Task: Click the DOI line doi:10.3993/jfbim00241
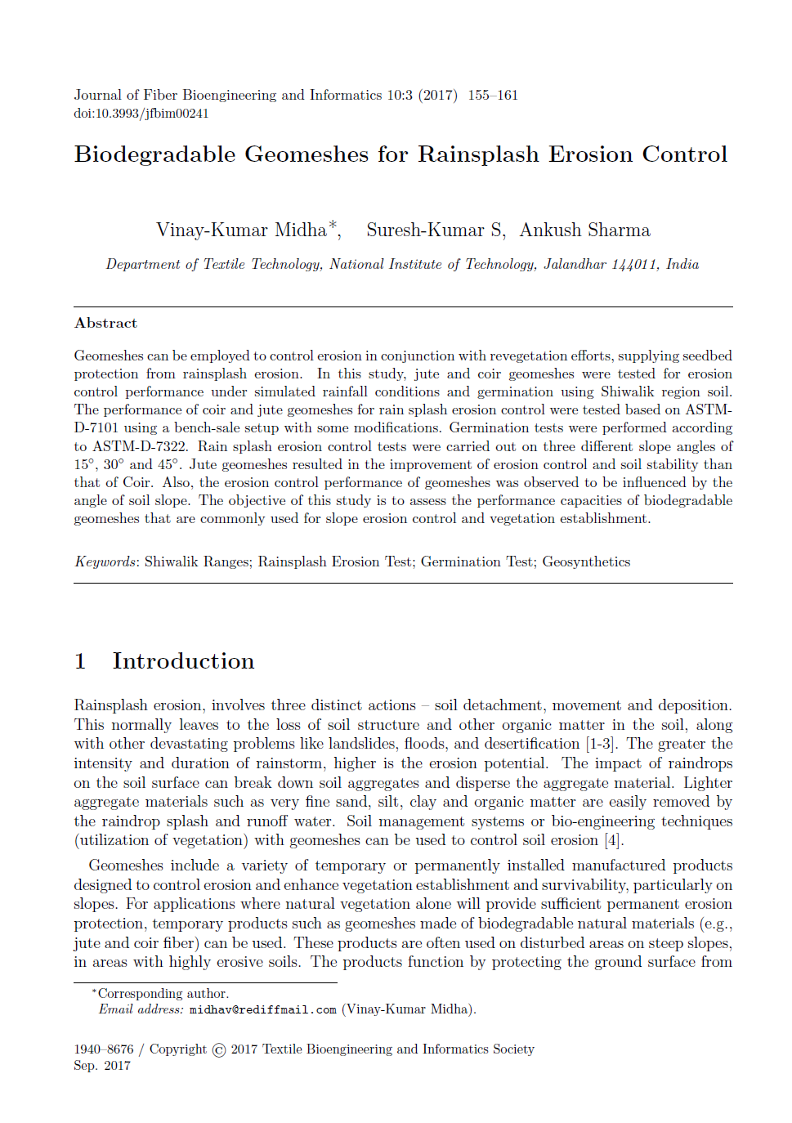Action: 141,114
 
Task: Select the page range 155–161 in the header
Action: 493,96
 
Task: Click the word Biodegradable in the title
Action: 155,154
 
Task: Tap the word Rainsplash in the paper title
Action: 478,154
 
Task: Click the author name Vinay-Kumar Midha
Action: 241,230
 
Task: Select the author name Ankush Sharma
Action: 584,230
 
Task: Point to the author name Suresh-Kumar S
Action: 435,230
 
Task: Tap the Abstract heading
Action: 106,323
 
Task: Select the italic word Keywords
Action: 105,561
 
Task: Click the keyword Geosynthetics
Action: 586,561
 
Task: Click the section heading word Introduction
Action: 183,661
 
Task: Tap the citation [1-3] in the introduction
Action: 602,744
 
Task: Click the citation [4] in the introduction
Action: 613,840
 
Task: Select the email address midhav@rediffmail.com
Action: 262,1009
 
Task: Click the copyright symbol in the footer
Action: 219,1050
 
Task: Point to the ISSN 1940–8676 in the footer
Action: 103,1049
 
